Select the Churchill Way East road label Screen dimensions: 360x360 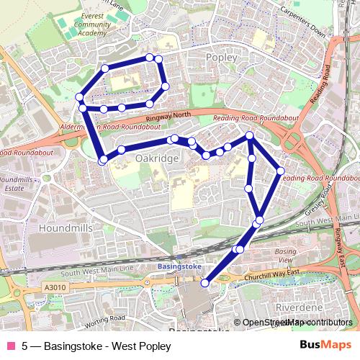point(271,272)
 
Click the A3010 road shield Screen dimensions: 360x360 point(54,287)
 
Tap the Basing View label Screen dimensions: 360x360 point(286,255)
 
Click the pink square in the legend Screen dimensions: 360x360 point(10,346)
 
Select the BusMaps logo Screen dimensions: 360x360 point(326,345)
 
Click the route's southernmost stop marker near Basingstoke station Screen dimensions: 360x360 point(204,283)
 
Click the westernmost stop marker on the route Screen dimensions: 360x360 point(78,98)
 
